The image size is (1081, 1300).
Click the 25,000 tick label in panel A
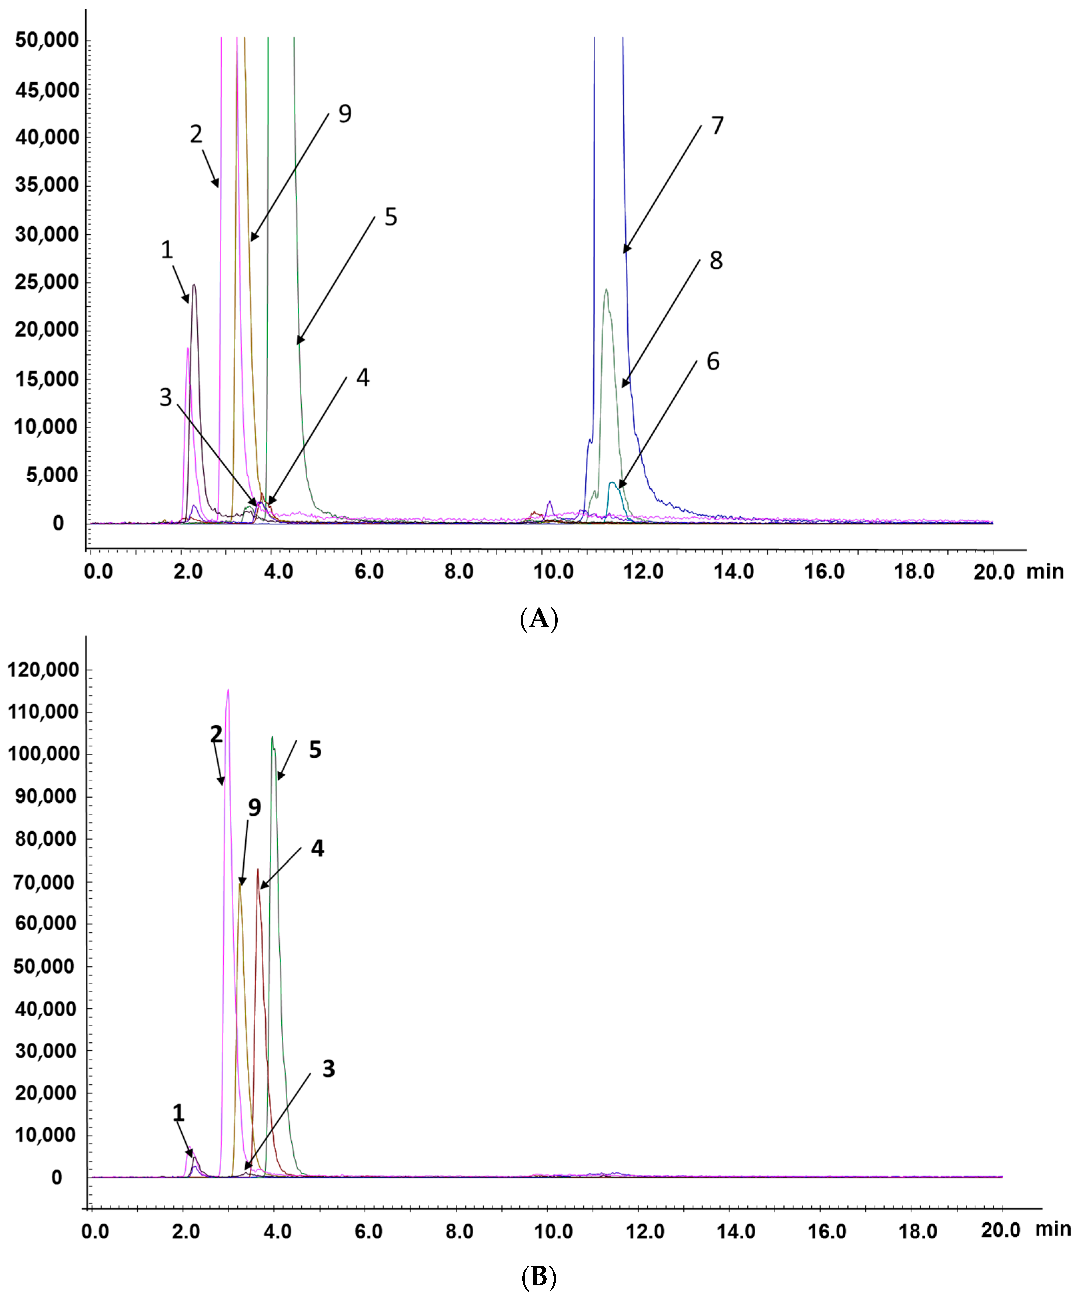tap(47, 282)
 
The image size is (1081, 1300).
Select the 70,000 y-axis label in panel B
tap(47, 882)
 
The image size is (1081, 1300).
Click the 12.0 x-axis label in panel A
tap(643, 571)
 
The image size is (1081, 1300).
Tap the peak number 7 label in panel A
tap(717, 126)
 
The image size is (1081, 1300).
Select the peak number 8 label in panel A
tap(716, 260)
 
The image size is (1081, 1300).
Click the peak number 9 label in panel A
tap(344, 114)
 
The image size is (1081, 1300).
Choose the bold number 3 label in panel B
tap(328, 1069)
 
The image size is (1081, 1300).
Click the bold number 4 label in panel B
tap(317, 849)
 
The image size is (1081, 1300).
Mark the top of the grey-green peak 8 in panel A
tap(606, 290)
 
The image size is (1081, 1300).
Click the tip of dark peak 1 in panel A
tap(195, 285)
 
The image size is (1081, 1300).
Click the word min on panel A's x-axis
tap(1045, 571)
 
